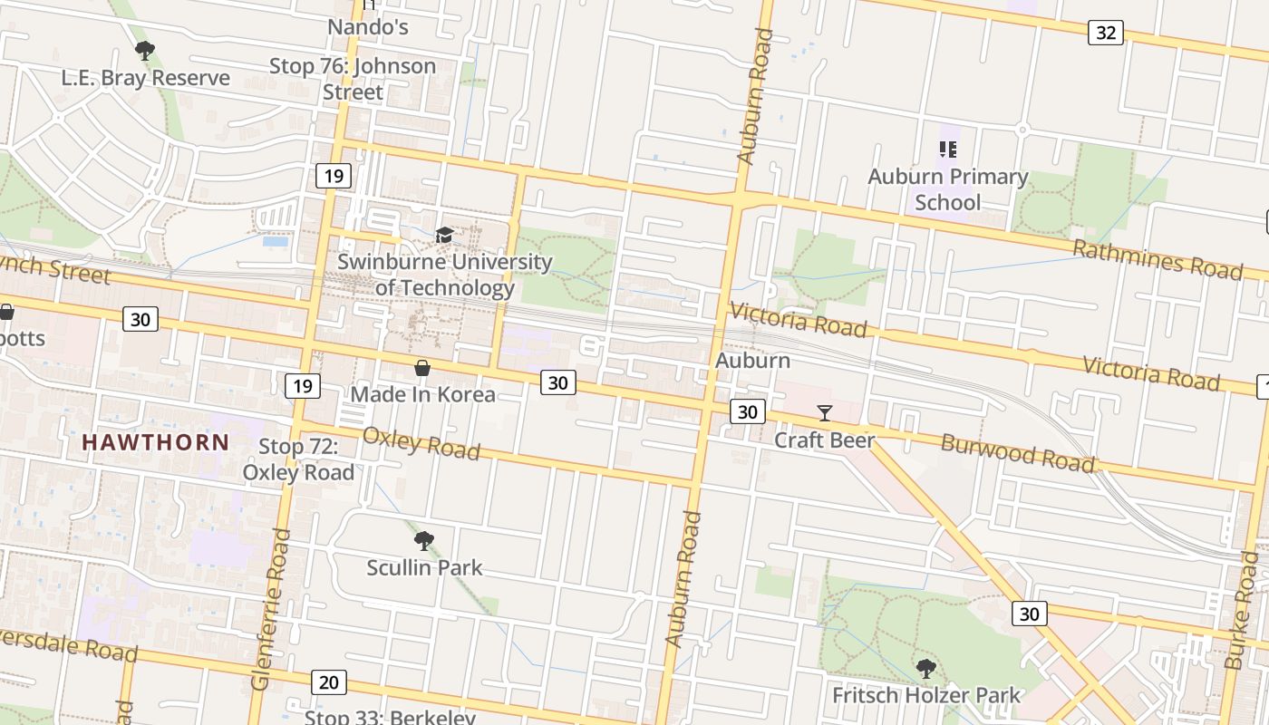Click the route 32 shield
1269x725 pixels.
click(1105, 33)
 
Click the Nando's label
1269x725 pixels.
click(368, 27)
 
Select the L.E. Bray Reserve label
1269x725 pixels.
click(146, 78)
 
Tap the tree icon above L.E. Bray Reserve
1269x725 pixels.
click(144, 51)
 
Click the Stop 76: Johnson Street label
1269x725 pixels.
click(353, 79)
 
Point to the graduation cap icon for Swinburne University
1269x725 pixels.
click(444, 236)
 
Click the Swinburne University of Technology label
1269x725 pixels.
click(444, 275)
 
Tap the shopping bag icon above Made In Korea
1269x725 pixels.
click(422, 368)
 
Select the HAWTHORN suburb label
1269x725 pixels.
click(156, 442)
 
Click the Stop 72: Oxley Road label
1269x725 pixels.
click(298, 459)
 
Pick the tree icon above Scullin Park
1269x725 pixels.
click(423, 542)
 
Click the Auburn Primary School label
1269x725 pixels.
click(948, 188)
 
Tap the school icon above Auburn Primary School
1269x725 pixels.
click(948, 150)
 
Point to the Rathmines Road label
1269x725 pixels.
click(1158, 259)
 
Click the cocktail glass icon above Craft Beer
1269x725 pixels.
click(825, 413)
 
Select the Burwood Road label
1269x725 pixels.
click(1017, 452)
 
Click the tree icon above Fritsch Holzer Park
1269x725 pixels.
click(925, 669)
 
